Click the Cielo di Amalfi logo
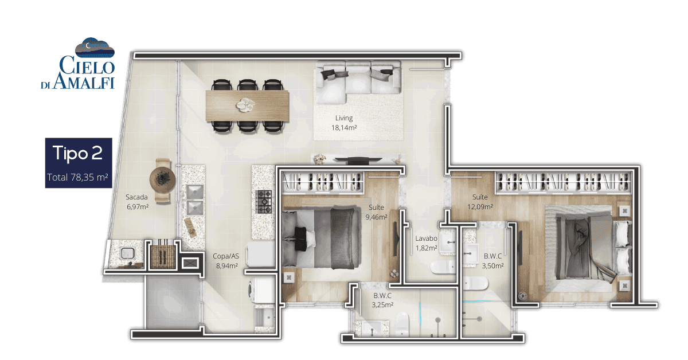[x=79, y=64]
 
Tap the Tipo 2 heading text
[x=78, y=152]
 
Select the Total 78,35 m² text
[x=77, y=177]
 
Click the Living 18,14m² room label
[x=344, y=123]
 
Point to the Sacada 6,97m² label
[x=137, y=202]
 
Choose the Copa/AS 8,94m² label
[x=226, y=261]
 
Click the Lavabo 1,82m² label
[x=427, y=243]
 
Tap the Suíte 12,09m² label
[x=480, y=202]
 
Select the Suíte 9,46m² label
[x=376, y=212]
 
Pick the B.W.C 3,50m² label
[x=492, y=261]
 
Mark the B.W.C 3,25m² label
[x=382, y=300]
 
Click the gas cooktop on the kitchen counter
[x=264, y=202]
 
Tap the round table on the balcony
[x=162, y=179]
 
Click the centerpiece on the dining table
[x=245, y=105]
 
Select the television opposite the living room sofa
[x=358, y=160]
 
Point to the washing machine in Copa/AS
[x=261, y=290]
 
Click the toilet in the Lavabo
[x=443, y=267]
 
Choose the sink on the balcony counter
[x=127, y=253]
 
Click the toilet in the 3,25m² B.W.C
[x=402, y=324]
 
